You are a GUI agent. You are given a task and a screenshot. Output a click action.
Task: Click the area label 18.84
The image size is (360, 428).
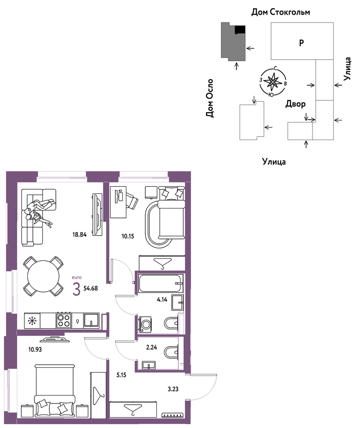pos(79,235)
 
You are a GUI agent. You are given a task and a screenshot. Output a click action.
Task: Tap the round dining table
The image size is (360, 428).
pos(43,276)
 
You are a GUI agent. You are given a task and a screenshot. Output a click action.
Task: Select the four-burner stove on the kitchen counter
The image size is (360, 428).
pos(64,321)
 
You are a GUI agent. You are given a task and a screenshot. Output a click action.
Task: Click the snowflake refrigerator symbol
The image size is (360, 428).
pos(32,321)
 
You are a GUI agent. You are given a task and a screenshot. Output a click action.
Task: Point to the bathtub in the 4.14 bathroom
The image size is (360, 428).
pos(160,284)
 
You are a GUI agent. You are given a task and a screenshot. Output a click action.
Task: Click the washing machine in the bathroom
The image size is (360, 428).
pos(145,324)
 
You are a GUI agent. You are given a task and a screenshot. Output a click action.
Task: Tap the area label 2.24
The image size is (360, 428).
pos(151,348)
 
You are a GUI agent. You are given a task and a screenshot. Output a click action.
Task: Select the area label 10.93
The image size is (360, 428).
pos(35,350)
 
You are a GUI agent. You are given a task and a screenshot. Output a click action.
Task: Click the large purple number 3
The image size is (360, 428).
pos(76,289)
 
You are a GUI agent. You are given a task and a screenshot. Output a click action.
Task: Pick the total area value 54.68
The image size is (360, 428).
pos(91,288)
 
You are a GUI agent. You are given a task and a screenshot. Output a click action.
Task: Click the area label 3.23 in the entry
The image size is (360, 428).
pos(173,389)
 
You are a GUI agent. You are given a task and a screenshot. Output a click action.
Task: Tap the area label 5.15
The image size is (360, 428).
pos(121,375)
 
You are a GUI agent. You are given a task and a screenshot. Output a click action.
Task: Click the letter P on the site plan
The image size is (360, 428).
pos(301,43)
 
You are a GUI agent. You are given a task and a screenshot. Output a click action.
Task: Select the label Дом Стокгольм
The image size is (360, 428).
pos(281,12)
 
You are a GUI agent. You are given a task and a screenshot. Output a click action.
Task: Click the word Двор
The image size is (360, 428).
pos(295,104)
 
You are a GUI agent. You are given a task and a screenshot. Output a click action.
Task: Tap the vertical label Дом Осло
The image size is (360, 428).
pos(210,98)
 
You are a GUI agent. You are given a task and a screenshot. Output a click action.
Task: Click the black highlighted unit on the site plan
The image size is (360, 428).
pos(240,29)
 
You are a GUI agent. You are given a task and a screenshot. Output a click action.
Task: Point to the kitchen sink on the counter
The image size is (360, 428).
pos(91,321)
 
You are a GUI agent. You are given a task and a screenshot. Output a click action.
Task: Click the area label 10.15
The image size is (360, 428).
pos(128,236)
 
